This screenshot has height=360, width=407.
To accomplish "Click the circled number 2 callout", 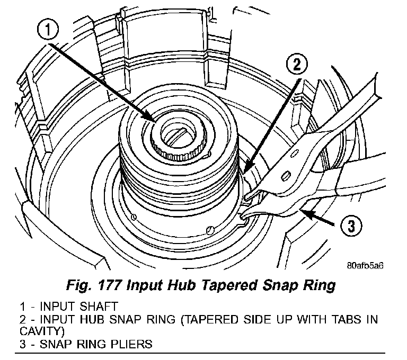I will coord(296,66).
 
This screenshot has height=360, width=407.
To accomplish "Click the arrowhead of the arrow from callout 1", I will coord(154,120).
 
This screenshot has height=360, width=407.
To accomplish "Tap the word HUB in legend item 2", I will coord(114,319).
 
